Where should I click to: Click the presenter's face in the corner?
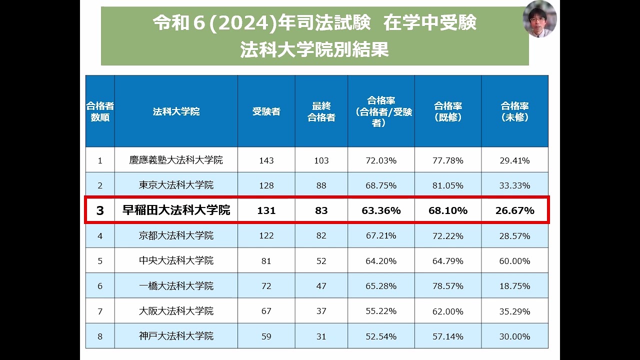pyautogui.click(x=539, y=19)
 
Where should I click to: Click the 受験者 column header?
pyautogui.click(x=266, y=111)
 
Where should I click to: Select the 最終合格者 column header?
pyautogui.click(x=321, y=111)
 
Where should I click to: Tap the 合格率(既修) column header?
pyautogui.click(x=447, y=111)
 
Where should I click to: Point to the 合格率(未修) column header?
pyautogui.click(x=514, y=111)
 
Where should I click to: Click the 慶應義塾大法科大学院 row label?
pyautogui.click(x=176, y=160)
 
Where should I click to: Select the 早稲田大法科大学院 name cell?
pyautogui.click(x=176, y=210)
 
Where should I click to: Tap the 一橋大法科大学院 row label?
pyautogui.click(x=176, y=286)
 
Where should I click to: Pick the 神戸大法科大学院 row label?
pyautogui.click(x=176, y=336)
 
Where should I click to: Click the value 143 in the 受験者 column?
pyautogui.click(x=266, y=160)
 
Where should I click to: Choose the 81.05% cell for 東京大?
pyautogui.click(x=447, y=185)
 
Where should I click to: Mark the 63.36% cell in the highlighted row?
pyautogui.click(x=381, y=210)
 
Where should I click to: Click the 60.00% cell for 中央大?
pyautogui.click(x=514, y=261)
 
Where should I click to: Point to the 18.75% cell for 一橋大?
pyautogui.click(x=514, y=286)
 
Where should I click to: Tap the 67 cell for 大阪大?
pyautogui.click(x=266, y=311)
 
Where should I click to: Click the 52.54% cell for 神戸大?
pyautogui.click(x=381, y=336)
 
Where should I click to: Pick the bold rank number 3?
pyautogui.click(x=100, y=210)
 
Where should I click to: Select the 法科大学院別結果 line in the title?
pyautogui.click(x=314, y=50)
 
